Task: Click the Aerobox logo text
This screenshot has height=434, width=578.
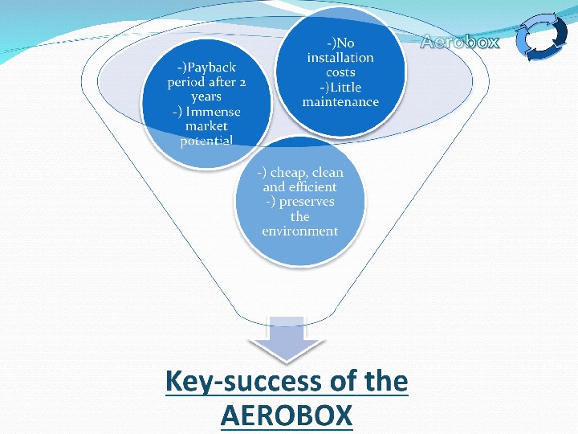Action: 460,42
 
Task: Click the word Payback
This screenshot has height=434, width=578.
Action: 210,68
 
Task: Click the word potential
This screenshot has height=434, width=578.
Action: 206,141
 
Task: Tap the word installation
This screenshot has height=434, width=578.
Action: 340,58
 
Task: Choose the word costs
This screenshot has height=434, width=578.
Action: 340,72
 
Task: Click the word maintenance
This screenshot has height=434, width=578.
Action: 340,102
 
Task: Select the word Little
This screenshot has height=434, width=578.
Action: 347,87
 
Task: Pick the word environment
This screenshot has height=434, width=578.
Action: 299,231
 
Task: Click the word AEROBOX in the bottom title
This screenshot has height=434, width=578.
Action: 286,416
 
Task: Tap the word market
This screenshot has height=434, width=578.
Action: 206,126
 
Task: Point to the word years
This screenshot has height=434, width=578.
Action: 206,97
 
